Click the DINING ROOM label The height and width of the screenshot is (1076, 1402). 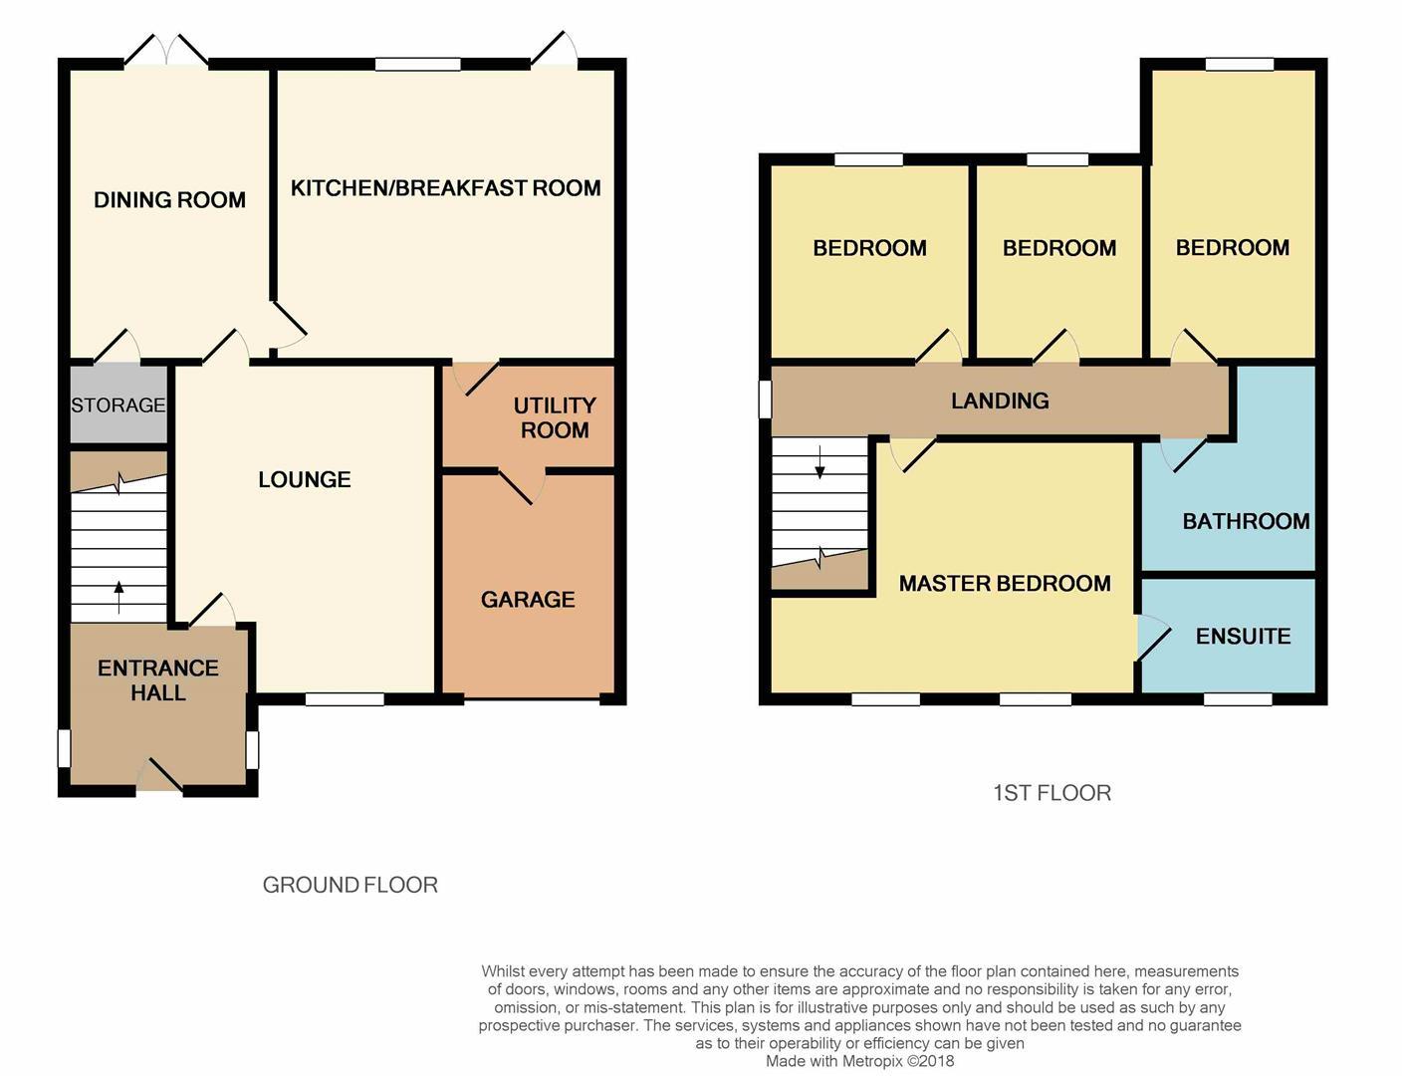coord(169,200)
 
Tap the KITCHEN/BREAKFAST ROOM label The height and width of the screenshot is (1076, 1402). coord(445,188)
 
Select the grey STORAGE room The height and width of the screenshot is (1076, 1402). coord(117,405)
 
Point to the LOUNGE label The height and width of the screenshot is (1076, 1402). coord(304,480)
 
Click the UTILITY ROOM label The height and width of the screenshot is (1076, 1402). coord(554,418)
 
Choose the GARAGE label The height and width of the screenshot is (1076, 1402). coord(528,600)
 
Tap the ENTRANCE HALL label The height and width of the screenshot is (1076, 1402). coord(157,680)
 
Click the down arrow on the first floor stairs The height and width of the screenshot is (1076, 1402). coord(819,462)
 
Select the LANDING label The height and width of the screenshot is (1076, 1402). coord(1000,402)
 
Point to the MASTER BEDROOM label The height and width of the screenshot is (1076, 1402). coord(1004,584)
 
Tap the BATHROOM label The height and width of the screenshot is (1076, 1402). coord(1245,522)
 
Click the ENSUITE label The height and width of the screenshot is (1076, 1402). coord(1243,637)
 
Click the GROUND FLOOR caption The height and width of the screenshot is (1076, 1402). coord(350,885)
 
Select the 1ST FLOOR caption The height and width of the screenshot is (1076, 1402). coord(1051,793)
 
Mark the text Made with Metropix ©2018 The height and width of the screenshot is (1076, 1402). coord(859,1061)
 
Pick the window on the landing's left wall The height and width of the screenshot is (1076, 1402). coord(765,400)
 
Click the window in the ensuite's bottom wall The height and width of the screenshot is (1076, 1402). coord(1238,699)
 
